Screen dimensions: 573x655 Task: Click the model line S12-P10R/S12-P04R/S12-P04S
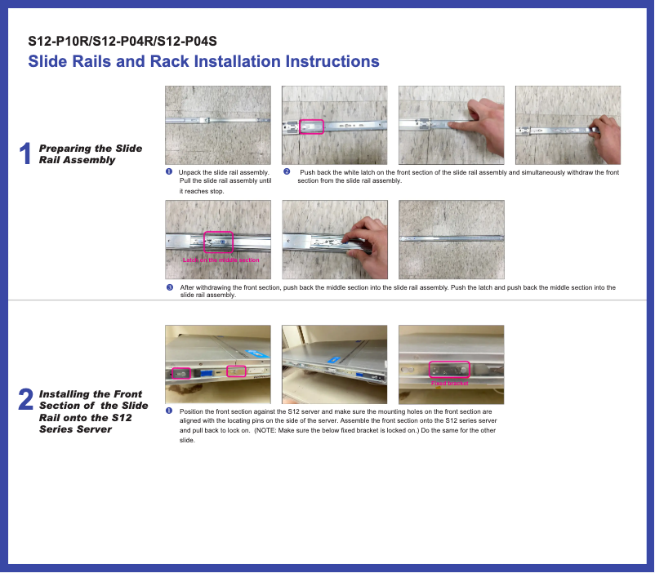[122, 41]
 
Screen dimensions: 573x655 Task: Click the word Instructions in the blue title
[332, 61]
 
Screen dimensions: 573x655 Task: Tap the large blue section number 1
[25, 153]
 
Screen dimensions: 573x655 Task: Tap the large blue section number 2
[25, 400]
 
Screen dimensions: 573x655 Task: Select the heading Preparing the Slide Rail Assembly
[90, 153]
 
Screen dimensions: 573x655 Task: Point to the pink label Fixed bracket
[449, 383]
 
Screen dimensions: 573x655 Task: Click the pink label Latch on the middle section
[221, 260]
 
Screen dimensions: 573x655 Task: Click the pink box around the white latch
[312, 127]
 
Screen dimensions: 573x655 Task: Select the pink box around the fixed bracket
[449, 370]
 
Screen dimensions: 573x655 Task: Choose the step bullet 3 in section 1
[169, 288]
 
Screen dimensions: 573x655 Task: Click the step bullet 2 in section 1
[286, 172]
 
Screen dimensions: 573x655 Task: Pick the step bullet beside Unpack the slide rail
[169, 172]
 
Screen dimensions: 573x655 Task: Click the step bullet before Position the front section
[169, 411]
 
